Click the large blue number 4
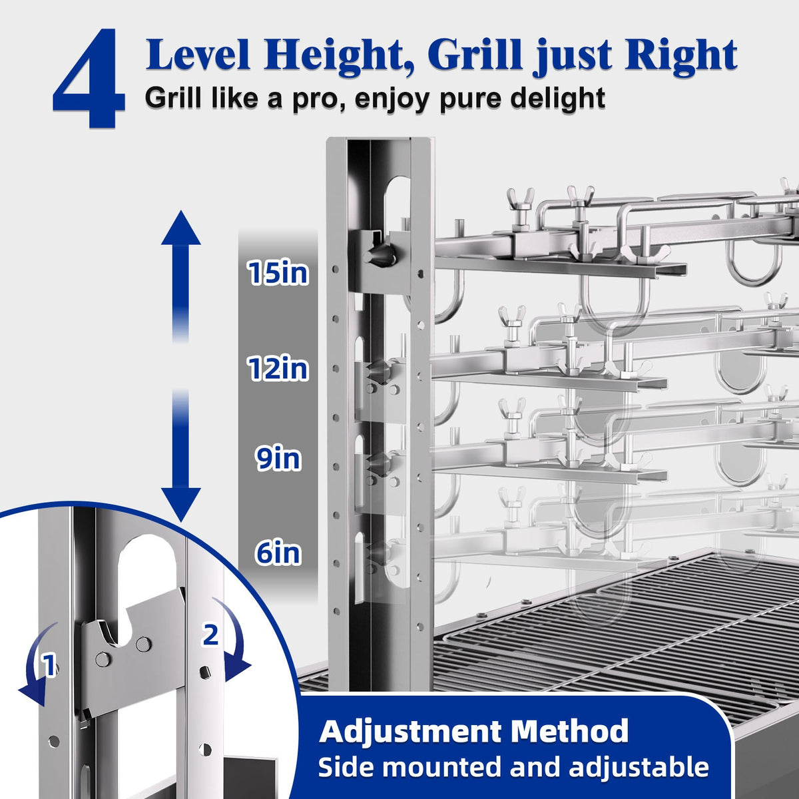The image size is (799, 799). [x=89, y=78]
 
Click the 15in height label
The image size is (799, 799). [x=278, y=273]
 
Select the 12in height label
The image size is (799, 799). [x=278, y=368]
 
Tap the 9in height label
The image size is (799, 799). [x=278, y=458]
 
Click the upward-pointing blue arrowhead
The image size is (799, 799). [x=181, y=228]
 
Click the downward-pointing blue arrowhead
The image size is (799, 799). [x=181, y=504]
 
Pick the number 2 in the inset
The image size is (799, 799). [x=210, y=635]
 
